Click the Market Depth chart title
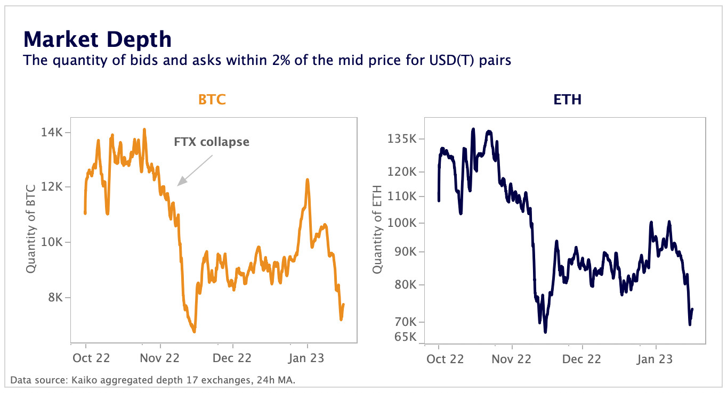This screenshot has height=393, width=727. (97, 39)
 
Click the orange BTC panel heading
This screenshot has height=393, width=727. (212, 100)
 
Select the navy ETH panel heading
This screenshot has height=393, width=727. (567, 100)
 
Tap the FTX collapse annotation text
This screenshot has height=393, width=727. (212, 142)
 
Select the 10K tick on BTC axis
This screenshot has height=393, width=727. (52, 242)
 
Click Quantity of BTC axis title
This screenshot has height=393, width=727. (31, 228)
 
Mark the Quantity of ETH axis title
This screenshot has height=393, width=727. (377, 228)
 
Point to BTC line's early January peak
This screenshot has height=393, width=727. (308, 180)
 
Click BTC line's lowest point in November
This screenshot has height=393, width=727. (194, 331)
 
